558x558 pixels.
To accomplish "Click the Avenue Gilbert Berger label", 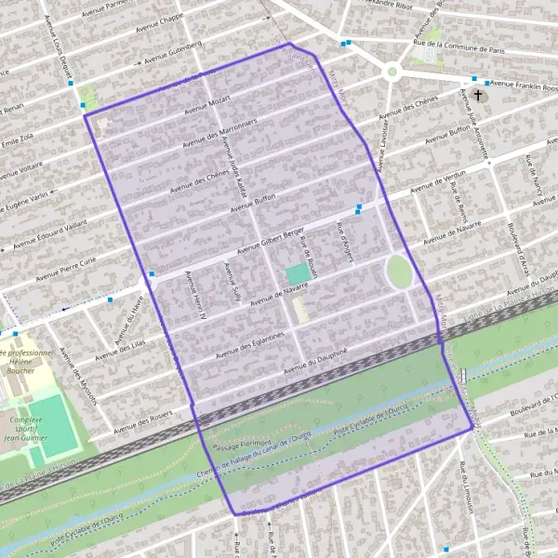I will tap(271, 239).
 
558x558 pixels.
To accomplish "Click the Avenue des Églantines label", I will tap(248, 345).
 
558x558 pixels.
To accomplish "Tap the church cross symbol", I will tap(478, 95).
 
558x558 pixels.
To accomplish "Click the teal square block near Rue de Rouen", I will tap(296, 274).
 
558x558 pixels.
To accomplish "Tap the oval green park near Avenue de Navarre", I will tap(399, 272).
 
